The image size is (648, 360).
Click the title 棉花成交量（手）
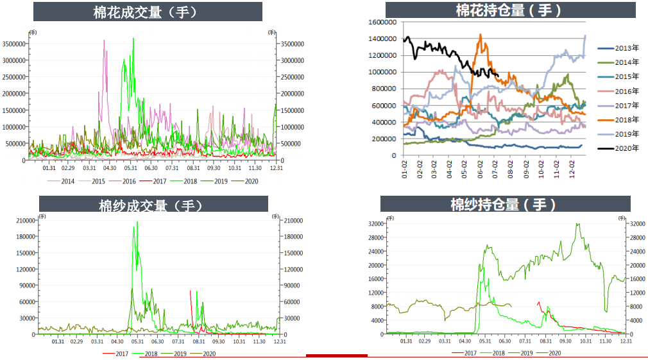pyautogui.click(x=148, y=12)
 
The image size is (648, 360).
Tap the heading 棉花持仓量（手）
pyautogui.click(x=510, y=10)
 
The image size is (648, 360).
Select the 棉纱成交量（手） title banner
pyautogui.click(x=151, y=205)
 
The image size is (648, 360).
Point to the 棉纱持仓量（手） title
pyautogui.click(x=505, y=204)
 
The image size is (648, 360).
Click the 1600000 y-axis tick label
pyautogui.click(x=382, y=22)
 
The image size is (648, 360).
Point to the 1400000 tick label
pyautogui.click(x=382, y=39)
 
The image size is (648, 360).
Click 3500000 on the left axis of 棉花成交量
pyautogui.click(x=14, y=44)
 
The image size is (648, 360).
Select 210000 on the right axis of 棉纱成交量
pyautogui.click(x=293, y=221)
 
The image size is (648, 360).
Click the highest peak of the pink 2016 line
pyautogui.click(x=105, y=40)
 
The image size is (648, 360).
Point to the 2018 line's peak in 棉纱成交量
pyautogui.click(x=137, y=223)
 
